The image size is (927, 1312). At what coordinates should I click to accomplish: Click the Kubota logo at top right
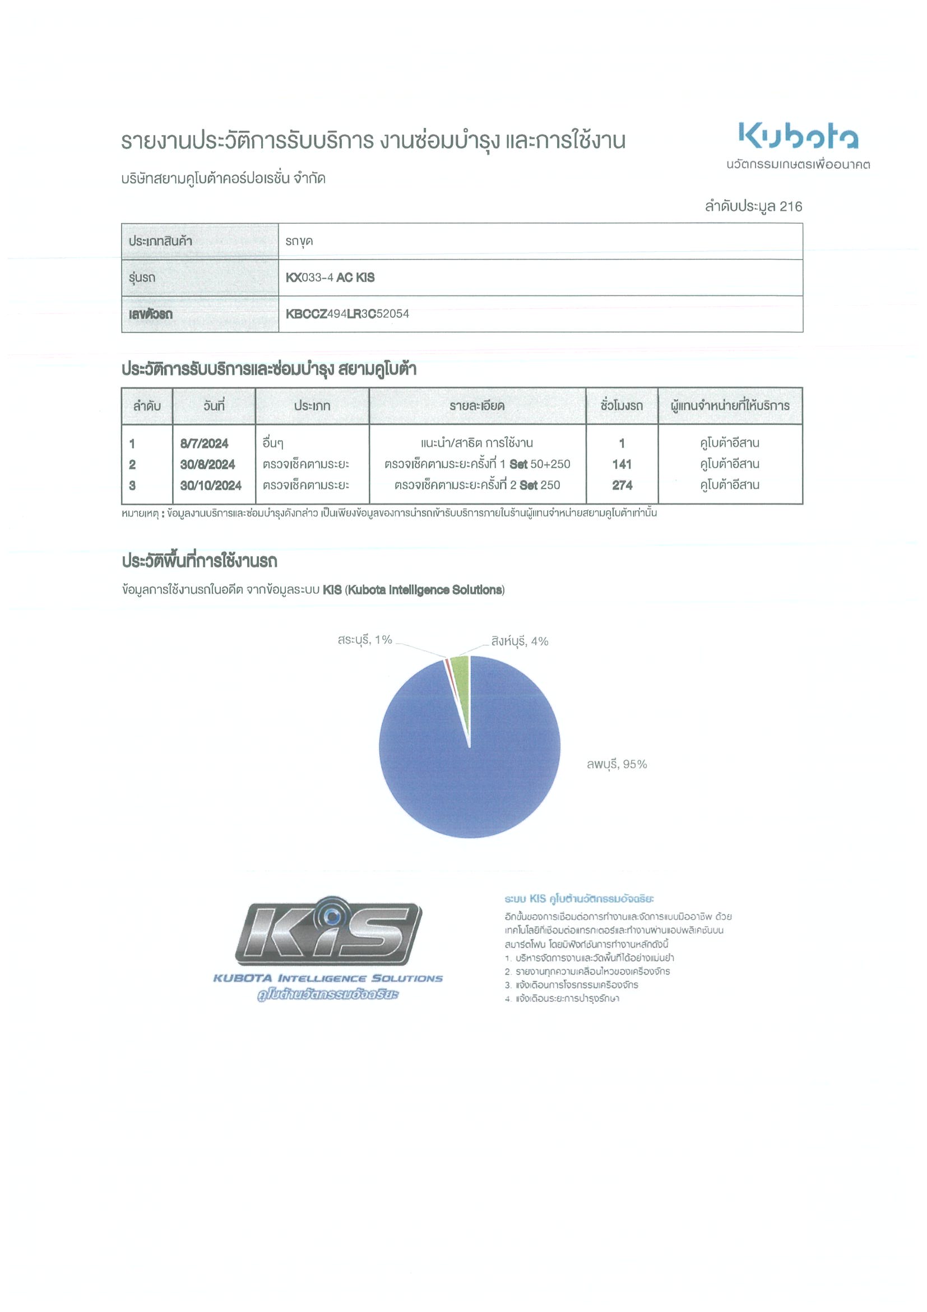(x=798, y=136)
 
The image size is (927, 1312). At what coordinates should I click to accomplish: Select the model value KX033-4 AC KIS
(x=330, y=278)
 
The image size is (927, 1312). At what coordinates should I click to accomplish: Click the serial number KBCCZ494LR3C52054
(x=347, y=314)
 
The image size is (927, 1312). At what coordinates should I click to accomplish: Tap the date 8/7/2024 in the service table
(x=204, y=444)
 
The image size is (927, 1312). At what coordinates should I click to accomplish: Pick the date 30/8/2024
(x=207, y=465)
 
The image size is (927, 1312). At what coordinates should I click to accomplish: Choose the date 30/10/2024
(x=211, y=486)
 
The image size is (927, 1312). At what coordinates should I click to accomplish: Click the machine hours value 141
(x=622, y=465)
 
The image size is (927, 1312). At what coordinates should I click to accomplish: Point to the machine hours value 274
(x=622, y=486)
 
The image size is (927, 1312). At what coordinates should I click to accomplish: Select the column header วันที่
(x=214, y=406)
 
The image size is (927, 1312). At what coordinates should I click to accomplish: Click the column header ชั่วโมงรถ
(x=622, y=406)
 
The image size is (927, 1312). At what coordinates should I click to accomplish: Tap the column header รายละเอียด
(x=477, y=406)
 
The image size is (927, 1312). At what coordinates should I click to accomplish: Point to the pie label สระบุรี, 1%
(x=364, y=640)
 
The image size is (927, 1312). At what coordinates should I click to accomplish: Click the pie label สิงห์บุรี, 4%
(x=519, y=641)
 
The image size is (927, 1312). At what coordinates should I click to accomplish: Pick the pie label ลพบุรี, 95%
(x=617, y=764)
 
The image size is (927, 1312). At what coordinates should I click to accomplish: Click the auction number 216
(x=790, y=206)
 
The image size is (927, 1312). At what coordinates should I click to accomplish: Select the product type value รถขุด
(x=299, y=241)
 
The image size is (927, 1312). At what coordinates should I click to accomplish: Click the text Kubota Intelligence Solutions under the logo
(x=328, y=978)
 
